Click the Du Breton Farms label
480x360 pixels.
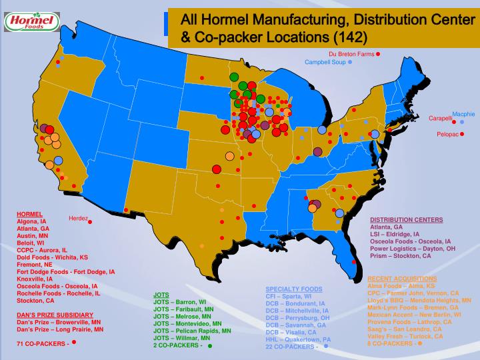click(351, 53)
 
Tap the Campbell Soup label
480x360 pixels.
click(325, 62)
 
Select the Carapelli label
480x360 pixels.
click(440, 118)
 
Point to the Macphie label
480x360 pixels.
click(463, 114)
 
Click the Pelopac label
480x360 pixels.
click(447, 134)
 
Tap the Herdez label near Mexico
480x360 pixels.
click(78, 219)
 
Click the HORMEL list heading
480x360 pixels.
click(29, 215)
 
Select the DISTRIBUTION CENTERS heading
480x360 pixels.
click(406, 219)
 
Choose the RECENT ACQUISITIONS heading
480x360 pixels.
click(402, 277)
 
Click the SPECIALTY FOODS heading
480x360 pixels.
click(294, 289)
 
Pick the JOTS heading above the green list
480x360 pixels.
click(161, 294)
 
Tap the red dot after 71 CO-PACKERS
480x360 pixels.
click(74, 342)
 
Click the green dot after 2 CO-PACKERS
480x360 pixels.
click(210, 346)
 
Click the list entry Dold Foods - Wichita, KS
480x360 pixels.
click(52, 257)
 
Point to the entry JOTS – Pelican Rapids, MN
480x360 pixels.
click(192, 331)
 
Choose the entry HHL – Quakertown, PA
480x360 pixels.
click(299, 339)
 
